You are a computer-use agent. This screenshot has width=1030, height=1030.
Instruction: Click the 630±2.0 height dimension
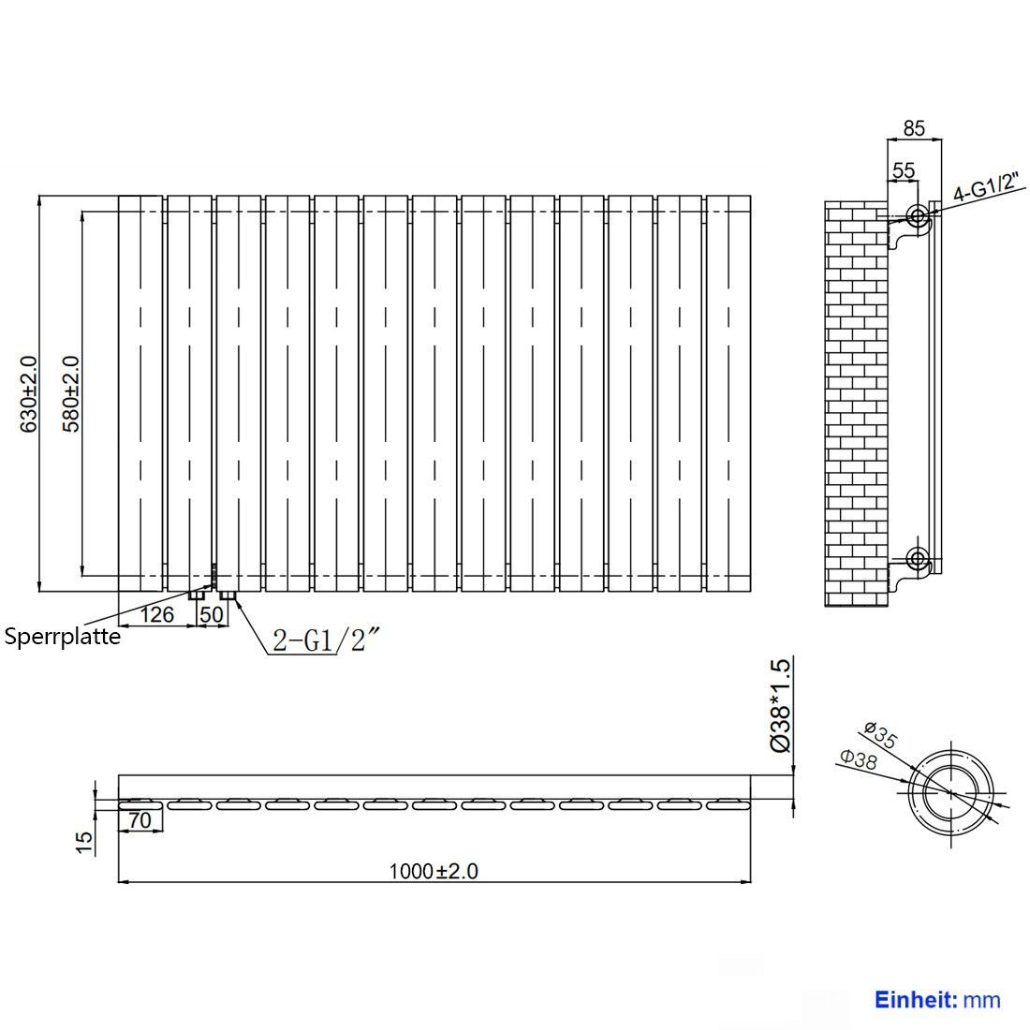tap(29, 394)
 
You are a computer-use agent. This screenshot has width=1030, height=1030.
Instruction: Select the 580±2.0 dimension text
tap(70, 394)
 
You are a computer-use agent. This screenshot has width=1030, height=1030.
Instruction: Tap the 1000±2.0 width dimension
tap(434, 871)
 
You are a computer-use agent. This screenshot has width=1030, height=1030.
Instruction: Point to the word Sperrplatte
tap(63, 637)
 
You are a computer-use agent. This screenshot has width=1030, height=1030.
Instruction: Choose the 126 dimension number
tap(157, 615)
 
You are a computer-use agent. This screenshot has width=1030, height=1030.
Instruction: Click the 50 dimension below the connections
tap(212, 615)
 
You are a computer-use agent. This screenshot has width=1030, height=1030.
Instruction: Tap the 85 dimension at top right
tap(914, 128)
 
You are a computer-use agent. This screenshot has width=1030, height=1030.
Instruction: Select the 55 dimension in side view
tap(904, 170)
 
